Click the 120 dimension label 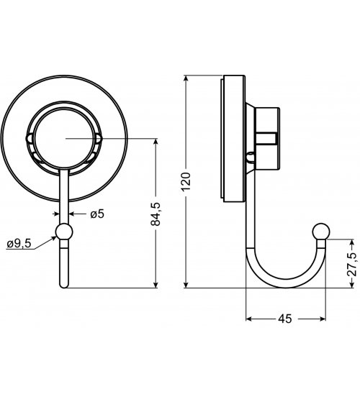click(186, 181)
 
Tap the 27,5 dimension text click(352, 265)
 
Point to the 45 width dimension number click(285, 319)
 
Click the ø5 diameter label click(97, 214)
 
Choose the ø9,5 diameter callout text click(19, 243)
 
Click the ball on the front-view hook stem click(64, 232)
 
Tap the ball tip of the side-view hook click(321, 232)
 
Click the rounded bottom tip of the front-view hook click(64, 285)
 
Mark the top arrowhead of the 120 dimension click(186, 78)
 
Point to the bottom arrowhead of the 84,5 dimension click(156, 285)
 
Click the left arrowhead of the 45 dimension click(249, 319)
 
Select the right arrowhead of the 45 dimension click(322, 319)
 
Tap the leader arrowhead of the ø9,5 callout click(53, 238)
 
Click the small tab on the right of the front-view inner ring click(98, 139)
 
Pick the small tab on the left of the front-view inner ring click(30, 139)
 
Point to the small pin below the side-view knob click(251, 157)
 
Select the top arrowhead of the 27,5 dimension click(352, 242)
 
